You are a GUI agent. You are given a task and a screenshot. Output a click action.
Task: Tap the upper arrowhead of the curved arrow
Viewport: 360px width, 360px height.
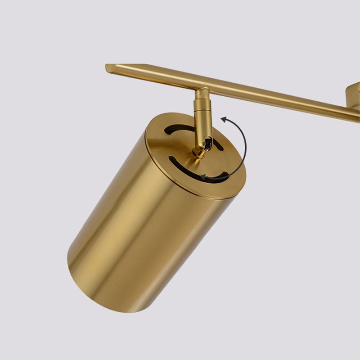point(224,119)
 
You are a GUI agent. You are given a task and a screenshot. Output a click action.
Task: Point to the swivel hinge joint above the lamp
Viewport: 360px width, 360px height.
point(205,145)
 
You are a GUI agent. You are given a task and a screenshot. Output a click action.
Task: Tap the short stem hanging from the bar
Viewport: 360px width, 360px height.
point(201,110)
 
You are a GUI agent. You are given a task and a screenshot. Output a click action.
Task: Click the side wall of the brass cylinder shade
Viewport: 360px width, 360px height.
point(148,234)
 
